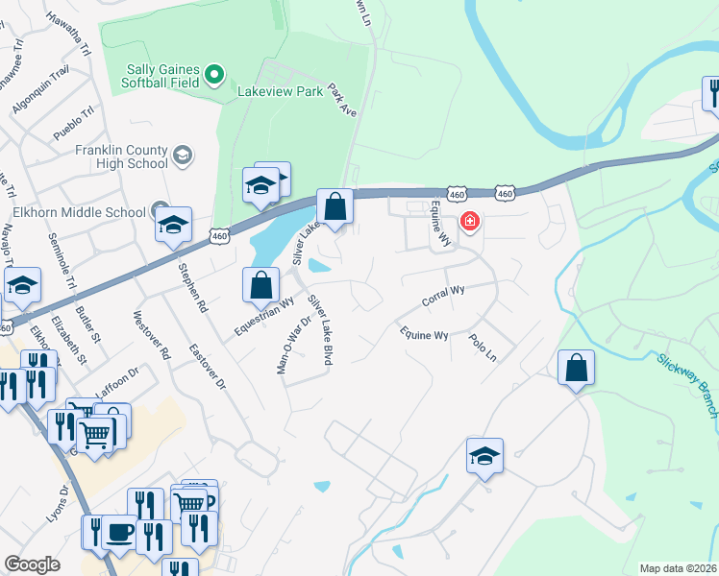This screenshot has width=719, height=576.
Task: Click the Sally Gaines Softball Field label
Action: [x=163, y=75]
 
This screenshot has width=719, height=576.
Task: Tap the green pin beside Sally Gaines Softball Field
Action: [x=215, y=74]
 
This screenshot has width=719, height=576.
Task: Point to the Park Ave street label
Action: [x=342, y=100]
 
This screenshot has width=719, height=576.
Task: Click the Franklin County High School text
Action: [x=121, y=156]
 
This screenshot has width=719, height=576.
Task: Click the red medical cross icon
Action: [x=469, y=222]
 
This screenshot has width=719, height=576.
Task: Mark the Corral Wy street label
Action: [x=443, y=296]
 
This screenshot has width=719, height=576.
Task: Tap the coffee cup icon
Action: [x=119, y=532]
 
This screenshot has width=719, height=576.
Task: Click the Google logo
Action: [x=32, y=564]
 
